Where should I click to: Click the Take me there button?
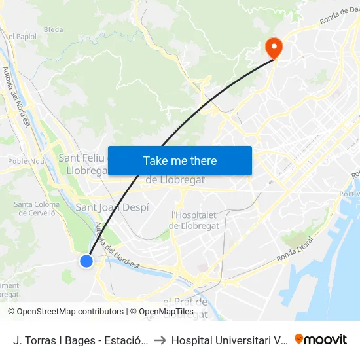[x=180, y=160]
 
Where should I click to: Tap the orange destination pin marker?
[x=273, y=47]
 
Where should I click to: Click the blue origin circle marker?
[x=86, y=261]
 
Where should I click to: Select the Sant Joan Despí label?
[x=113, y=207]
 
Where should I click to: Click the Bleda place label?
[x=53, y=30]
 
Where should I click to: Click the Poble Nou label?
[x=24, y=161]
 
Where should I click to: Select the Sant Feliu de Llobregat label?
[x=82, y=164]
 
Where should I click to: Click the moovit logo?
[x=321, y=340]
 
